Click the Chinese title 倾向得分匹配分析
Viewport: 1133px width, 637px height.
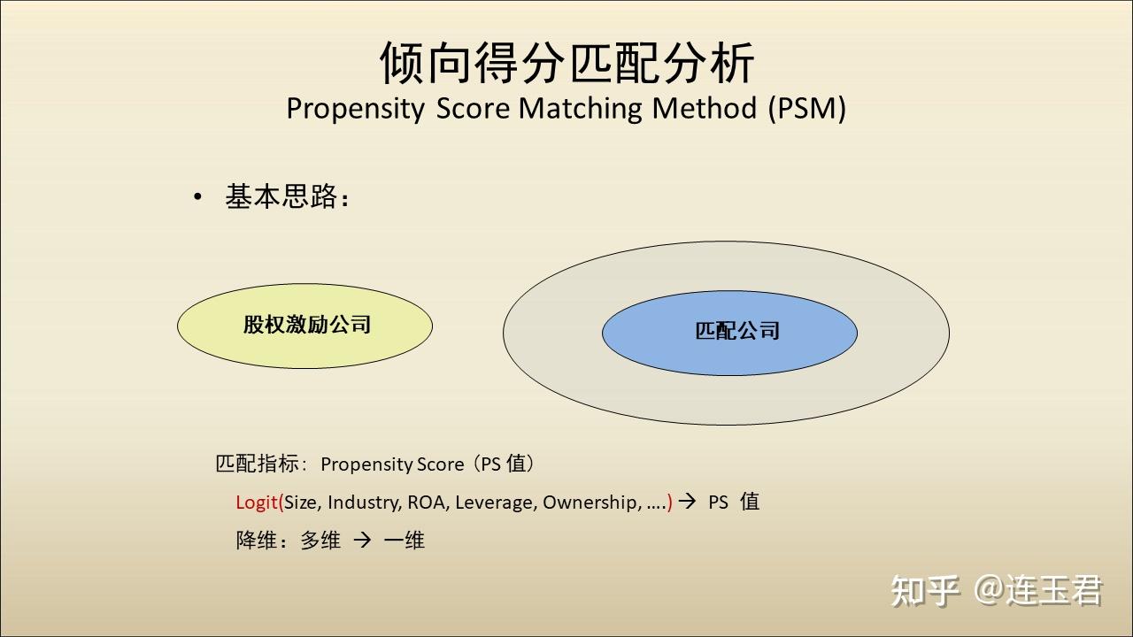point(566,63)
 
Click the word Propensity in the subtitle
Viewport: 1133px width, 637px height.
point(356,109)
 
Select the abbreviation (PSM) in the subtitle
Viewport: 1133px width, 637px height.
point(806,108)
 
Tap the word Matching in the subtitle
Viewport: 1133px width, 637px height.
point(580,108)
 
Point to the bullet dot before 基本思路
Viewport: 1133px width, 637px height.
point(197,196)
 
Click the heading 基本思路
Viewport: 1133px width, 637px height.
point(281,196)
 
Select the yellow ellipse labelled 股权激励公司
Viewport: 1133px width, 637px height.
point(305,326)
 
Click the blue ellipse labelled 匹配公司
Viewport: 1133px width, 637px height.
point(730,333)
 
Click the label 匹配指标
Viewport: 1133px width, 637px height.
point(257,464)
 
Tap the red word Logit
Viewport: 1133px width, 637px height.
point(257,503)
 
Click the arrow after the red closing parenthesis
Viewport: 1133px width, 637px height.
point(687,501)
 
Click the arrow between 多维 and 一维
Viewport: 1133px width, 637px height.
point(362,540)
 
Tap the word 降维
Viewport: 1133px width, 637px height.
point(256,540)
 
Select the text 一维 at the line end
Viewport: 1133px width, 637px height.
point(405,540)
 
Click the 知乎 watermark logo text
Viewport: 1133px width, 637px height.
point(925,590)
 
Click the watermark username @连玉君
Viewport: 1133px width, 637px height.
point(1037,590)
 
